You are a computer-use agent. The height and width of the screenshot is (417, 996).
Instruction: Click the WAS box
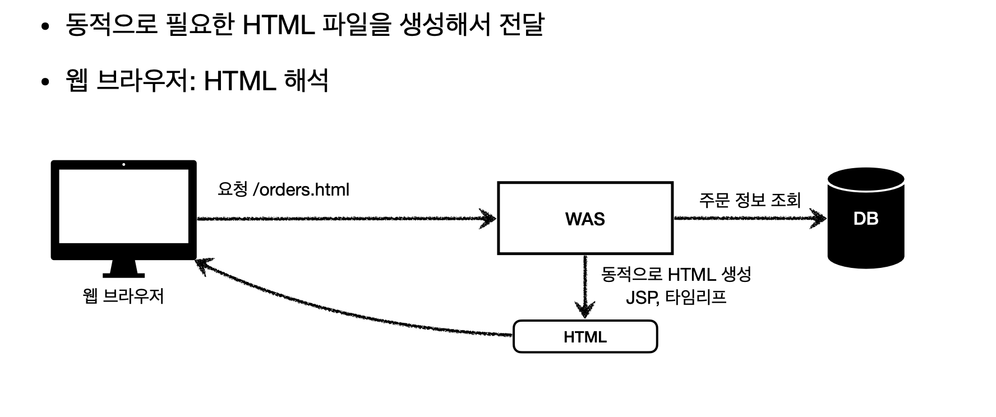coord(585,219)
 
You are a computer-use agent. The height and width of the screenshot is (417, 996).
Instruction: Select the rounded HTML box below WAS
coord(585,337)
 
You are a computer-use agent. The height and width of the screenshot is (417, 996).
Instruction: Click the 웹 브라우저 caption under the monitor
coord(123,295)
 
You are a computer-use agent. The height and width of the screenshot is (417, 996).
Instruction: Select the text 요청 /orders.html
coord(283,189)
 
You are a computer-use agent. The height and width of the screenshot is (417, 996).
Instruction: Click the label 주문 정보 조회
coord(749,200)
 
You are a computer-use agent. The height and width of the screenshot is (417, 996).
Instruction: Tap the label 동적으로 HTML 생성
coord(676,275)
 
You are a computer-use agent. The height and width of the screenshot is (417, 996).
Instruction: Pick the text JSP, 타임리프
coord(676,297)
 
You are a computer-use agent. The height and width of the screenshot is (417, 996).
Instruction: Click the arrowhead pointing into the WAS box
coord(488,218)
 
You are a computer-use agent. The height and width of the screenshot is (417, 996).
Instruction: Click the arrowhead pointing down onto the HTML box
coord(585,310)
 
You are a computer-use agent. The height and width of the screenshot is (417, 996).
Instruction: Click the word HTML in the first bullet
coord(278,25)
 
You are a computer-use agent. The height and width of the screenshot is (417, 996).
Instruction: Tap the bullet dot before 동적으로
coord(47,26)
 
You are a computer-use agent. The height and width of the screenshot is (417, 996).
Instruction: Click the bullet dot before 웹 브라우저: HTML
coord(47,82)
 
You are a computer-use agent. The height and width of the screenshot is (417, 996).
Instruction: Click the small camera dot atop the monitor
coord(123,165)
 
